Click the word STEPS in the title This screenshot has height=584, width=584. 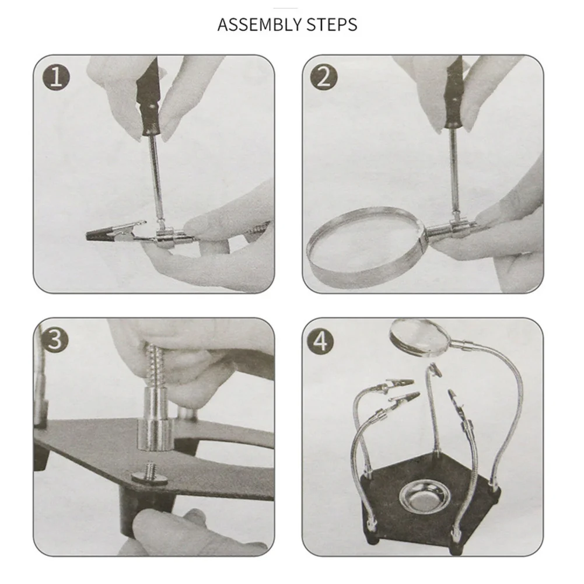coord(332,25)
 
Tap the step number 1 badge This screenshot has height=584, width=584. coord(56,78)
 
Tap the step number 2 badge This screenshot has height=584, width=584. coord(324,78)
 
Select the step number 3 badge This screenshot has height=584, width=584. coord(55,340)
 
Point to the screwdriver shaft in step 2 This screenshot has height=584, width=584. coord(454,172)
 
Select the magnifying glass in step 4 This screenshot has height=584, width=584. coord(419,336)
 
